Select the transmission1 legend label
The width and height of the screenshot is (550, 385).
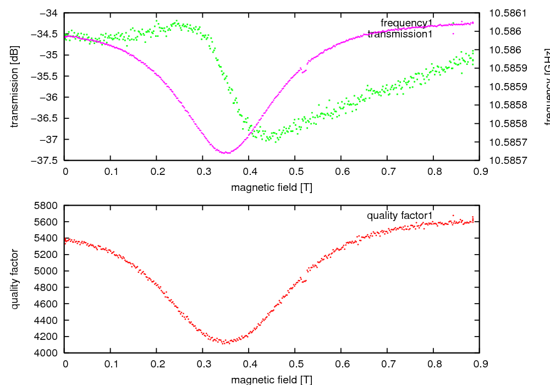(x=400, y=34)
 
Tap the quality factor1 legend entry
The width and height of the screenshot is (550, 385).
(x=400, y=215)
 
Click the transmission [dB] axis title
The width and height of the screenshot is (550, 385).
(x=15, y=86)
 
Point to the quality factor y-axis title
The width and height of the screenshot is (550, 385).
(x=15, y=279)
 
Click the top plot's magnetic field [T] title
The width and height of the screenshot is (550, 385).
(x=272, y=187)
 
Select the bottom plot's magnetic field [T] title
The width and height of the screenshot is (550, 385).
(x=272, y=380)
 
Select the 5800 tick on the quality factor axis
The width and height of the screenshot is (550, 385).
(x=46, y=206)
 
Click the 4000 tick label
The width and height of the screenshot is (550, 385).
(x=46, y=353)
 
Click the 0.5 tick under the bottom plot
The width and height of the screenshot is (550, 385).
(x=295, y=364)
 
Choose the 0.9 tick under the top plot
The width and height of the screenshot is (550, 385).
(x=479, y=172)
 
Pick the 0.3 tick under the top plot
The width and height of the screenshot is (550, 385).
(x=203, y=172)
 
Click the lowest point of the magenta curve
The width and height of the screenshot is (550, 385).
(x=227, y=152)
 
